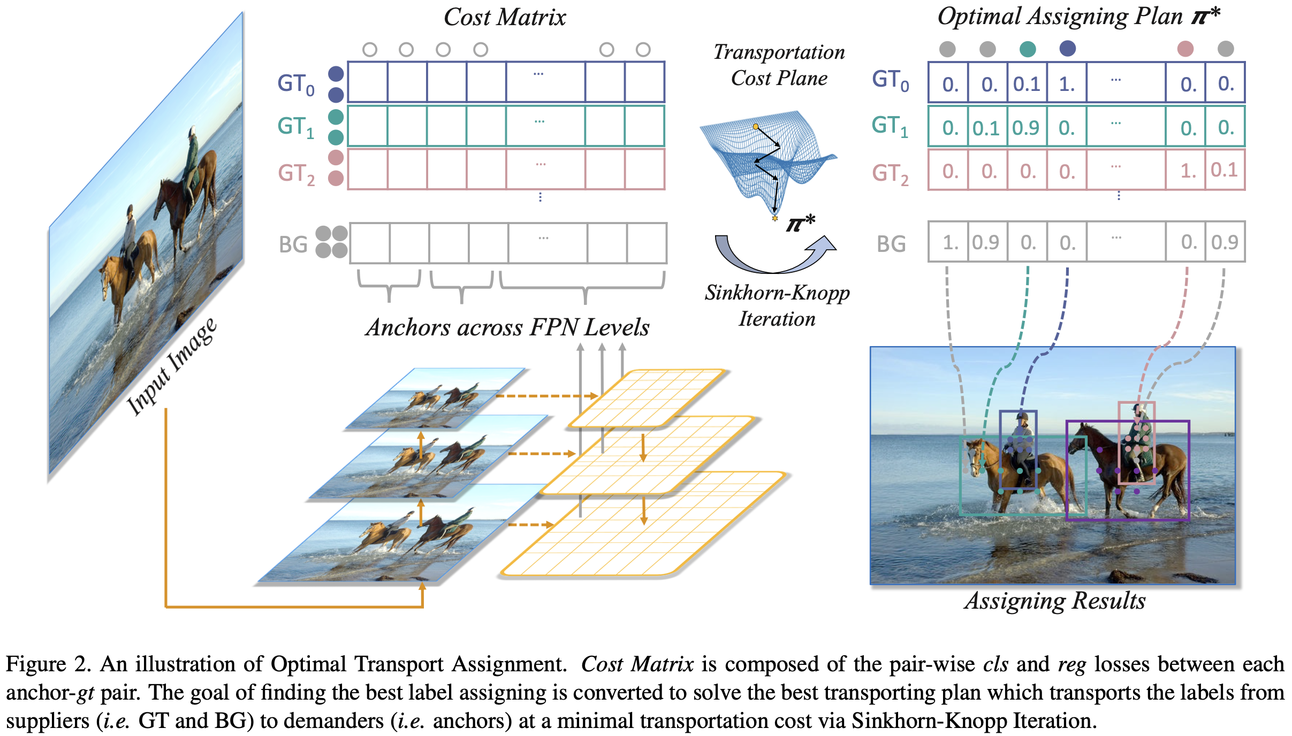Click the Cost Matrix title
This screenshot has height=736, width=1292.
click(x=505, y=18)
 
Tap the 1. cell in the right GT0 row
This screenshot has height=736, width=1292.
click(x=1067, y=83)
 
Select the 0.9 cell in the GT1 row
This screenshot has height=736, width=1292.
click(x=1026, y=128)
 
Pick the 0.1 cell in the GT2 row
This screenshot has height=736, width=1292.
click(x=1225, y=171)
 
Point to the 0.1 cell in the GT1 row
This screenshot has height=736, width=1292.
click(x=986, y=128)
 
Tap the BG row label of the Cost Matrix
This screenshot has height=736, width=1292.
click(x=293, y=244)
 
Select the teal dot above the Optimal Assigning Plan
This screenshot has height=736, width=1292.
click(x=1028, y=49)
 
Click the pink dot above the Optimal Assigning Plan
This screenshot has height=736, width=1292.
click(x=1185, y=49)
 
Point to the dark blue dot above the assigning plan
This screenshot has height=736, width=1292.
click(x=1068, y=49)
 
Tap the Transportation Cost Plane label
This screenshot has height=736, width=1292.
click(x=779, y=65)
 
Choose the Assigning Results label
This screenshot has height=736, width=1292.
click(x=1054, y=601)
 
